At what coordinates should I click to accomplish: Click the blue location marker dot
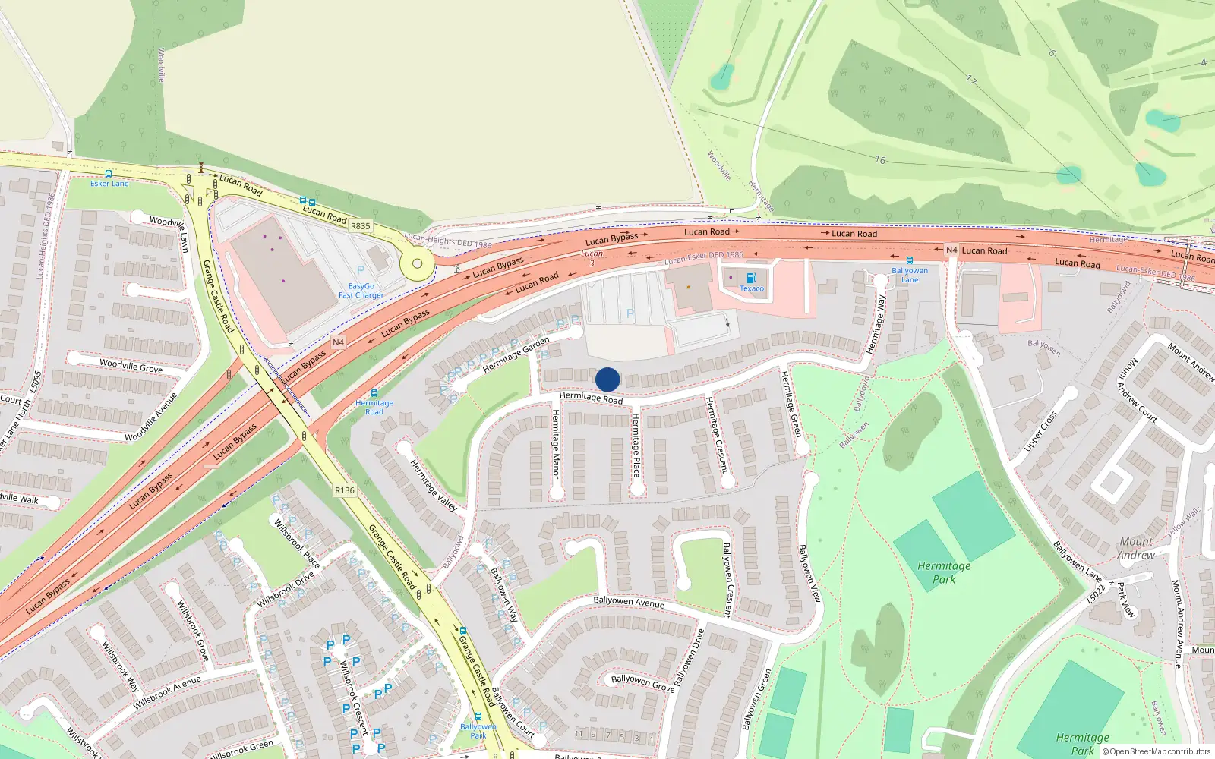click(607, 379)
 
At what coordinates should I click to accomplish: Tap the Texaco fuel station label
click(752, 288)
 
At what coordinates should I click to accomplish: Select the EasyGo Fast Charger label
click(361, 291)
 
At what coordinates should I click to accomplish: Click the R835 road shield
click(360, 226)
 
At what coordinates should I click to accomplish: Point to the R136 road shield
click(345, 490)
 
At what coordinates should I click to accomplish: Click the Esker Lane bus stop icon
click(109, 174)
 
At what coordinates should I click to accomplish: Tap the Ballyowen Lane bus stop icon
click(909, 260)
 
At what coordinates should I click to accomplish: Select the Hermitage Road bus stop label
click(374, 408)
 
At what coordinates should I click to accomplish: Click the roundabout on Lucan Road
click(416, 264)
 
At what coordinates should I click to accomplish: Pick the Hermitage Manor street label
click(555, 444)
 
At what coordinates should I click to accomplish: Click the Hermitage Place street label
click(636, 445)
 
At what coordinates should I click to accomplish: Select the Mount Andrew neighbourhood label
click(1136, 548)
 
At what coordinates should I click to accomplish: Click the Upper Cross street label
click(1040, 431)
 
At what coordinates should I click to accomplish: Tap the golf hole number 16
click(879, 160)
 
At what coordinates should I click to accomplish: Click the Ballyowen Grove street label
click(642, 682)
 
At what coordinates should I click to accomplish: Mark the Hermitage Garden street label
click(516, 355)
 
